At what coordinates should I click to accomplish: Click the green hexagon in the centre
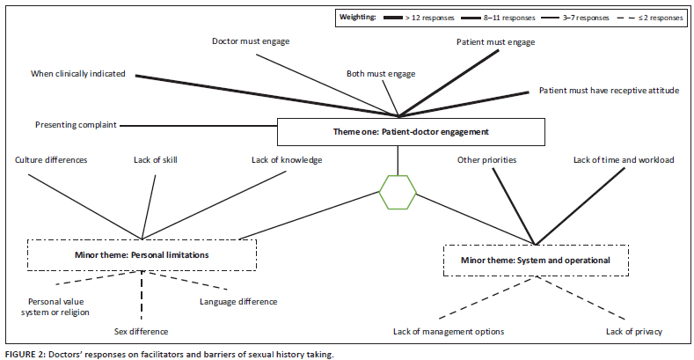tap(379, 192)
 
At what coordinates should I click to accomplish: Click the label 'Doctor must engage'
tap(251, 41)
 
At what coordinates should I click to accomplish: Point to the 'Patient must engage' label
tap(496, 42)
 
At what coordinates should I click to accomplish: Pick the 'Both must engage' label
tap(381, 74)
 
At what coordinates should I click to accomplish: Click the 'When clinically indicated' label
tap(78, 74)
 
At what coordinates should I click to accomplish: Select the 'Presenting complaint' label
tap(76, 125)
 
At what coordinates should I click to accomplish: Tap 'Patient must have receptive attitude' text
tap(609, 91)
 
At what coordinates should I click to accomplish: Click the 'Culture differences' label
tap(51, 160)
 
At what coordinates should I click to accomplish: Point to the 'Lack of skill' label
tap(156, 160)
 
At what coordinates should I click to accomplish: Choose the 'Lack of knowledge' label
tap(287, 160)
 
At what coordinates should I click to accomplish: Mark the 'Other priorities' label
tap(487, 160)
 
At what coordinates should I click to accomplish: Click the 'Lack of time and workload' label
tap(624, 160)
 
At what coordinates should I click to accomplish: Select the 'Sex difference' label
tap(142, 331)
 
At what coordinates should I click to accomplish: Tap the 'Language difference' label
tap(238, 302)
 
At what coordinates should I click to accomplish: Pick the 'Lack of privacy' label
tap(634, 331)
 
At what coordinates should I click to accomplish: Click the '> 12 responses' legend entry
tap(419, 18)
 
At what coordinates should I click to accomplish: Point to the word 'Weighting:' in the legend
tap(358, 18)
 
